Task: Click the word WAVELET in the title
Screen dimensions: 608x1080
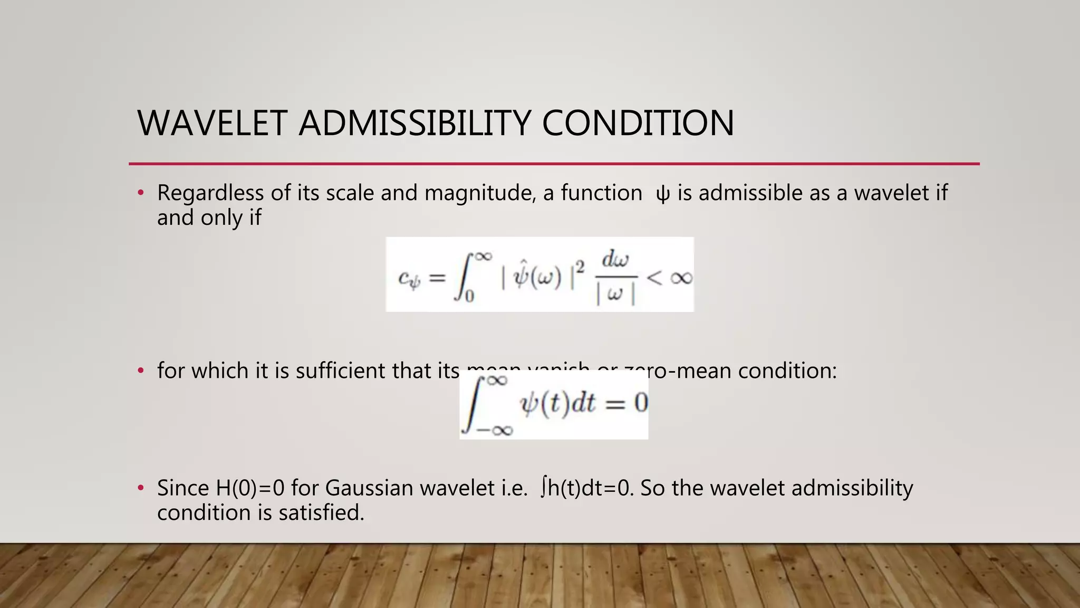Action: (x=212, y=123)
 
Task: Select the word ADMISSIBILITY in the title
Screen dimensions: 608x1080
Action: (x=414, y=123)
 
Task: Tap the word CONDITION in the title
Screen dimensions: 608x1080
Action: (x=638, y=123)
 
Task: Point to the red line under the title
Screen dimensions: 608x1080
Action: (x=554, y=164)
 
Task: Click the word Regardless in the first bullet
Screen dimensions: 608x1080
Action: (x=210, y=193)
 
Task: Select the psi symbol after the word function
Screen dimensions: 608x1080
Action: (x=662, y=194)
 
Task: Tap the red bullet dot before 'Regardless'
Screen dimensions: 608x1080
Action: (x=140, y=193)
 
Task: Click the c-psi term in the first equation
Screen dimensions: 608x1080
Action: (x=409, y=278)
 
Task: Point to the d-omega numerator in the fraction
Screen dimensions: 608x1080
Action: (x=615, y=260)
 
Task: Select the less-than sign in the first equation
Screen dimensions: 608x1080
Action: (x=654, y=277)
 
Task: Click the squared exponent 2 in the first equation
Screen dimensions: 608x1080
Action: (x=580, y=268)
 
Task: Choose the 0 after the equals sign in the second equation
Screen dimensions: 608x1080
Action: (x=640, y=403)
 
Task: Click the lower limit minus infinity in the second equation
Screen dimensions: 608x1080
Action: (x=494, y=430)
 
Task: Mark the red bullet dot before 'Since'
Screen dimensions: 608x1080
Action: (x=140, y=488)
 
